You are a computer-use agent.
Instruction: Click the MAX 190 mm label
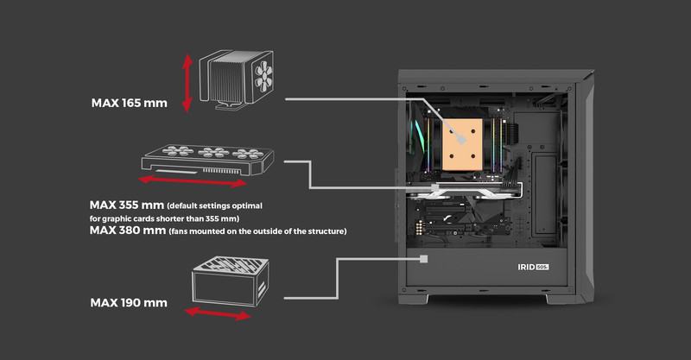point(129,303)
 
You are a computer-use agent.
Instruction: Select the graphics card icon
point(207,160)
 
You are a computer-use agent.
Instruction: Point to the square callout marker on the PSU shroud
point(424,257)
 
